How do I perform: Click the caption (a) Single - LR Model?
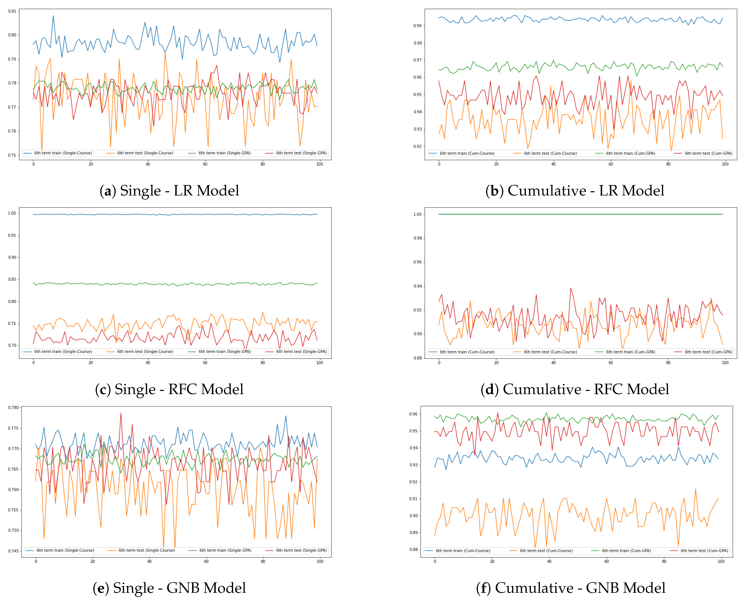(x=169, y=191)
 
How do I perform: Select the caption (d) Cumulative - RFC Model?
(x=575, y=389)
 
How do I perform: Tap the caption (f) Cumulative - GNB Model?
(x=571, y=588)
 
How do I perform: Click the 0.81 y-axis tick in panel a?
(x=12, y=11)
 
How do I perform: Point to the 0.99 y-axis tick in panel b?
(x=417, y=26)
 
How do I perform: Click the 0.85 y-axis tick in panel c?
(x=12, y=279)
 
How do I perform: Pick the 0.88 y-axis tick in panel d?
(x=417, y=358)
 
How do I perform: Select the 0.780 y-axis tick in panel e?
(x=13, y=408)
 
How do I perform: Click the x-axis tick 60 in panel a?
(x=205, y=164)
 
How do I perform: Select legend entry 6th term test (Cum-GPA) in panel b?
(x=708, y=153)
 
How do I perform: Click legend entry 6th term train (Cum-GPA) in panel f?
(x=626, y=551)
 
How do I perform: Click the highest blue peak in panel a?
(x=53, y=16)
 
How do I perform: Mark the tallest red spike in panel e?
(x=121, y=413)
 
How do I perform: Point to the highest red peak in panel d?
(x=571, y=288)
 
